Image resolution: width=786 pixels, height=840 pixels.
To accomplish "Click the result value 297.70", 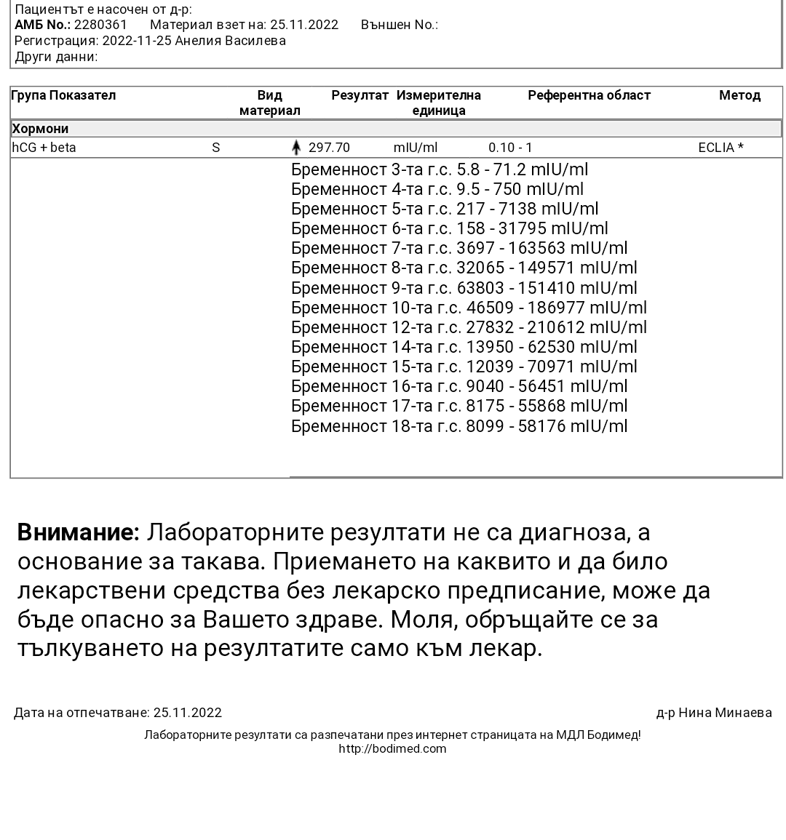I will coord(329,148).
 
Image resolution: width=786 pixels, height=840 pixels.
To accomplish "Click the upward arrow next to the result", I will coord(296,148).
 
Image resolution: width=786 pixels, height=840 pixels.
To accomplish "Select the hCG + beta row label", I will coord(44,148).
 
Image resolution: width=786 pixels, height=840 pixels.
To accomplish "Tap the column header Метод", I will coord(739,95).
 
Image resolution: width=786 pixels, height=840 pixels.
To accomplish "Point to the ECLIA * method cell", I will coord(720,148).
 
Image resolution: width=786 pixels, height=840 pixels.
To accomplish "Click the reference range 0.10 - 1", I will coord(510,148).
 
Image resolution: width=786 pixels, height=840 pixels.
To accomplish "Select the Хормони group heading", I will coord(41,129).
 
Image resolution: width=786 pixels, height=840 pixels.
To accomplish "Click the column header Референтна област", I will coord(589,95).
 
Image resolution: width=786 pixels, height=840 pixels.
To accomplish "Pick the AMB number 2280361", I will coord(100,25).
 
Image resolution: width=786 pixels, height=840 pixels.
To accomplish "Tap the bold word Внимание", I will coord(78,532).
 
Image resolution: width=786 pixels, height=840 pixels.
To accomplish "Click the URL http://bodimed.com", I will coord(392,748).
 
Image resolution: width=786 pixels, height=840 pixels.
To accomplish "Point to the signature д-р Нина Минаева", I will coord(714,713).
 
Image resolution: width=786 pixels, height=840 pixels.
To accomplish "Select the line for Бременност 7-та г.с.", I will coord(459,248).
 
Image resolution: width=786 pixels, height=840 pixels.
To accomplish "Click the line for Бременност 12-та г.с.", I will coord(469,327).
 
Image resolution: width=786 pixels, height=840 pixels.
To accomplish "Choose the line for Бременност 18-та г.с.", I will coord(459,426).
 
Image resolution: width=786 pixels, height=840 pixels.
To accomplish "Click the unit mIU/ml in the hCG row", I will coord(416,148).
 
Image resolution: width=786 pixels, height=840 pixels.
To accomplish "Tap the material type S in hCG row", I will coord(216,148).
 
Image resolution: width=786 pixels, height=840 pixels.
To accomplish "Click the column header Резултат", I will coord(360,95).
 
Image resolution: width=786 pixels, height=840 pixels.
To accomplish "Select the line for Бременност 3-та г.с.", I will coord(440,169).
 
